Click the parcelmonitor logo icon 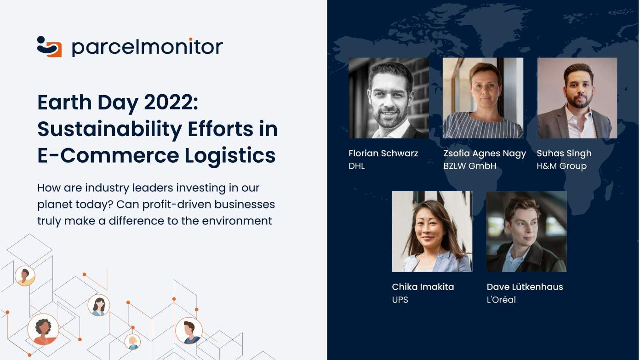coord(49,46)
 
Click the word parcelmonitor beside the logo coord(147,47)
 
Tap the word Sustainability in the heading coord(110,130)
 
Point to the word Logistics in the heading coord(230,156)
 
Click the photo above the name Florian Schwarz coord(389,98)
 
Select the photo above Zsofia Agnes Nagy coord(483,98)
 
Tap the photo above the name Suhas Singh coord(577,98)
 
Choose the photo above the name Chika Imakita coord(432,232)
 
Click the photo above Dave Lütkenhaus coord(526,232)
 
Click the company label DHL coord(357,166)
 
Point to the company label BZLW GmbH coord(470,166)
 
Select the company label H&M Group coord(562,166)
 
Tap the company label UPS coord(400,300)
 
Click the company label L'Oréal coord(502,299)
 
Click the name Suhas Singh coord(564,154)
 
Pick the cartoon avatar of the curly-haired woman coord(43,329)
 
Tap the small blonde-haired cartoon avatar coord(132,342)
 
